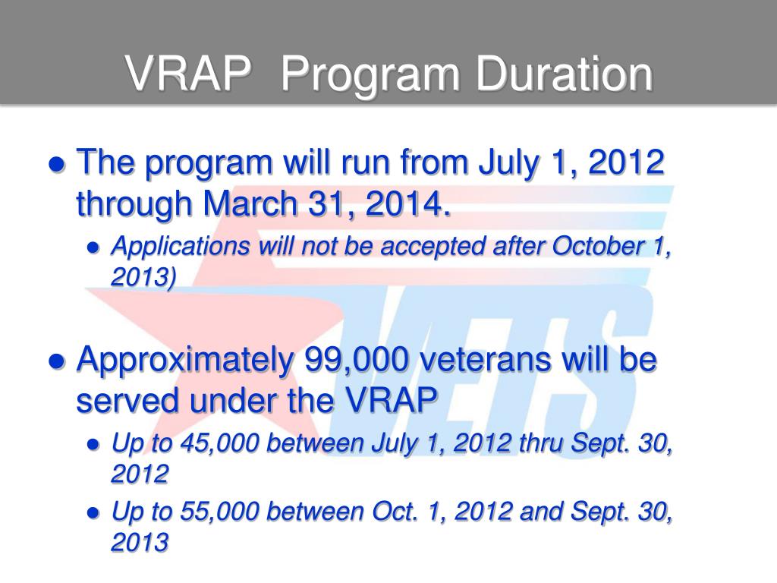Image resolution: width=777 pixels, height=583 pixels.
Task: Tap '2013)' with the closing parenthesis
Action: pos(143,278)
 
